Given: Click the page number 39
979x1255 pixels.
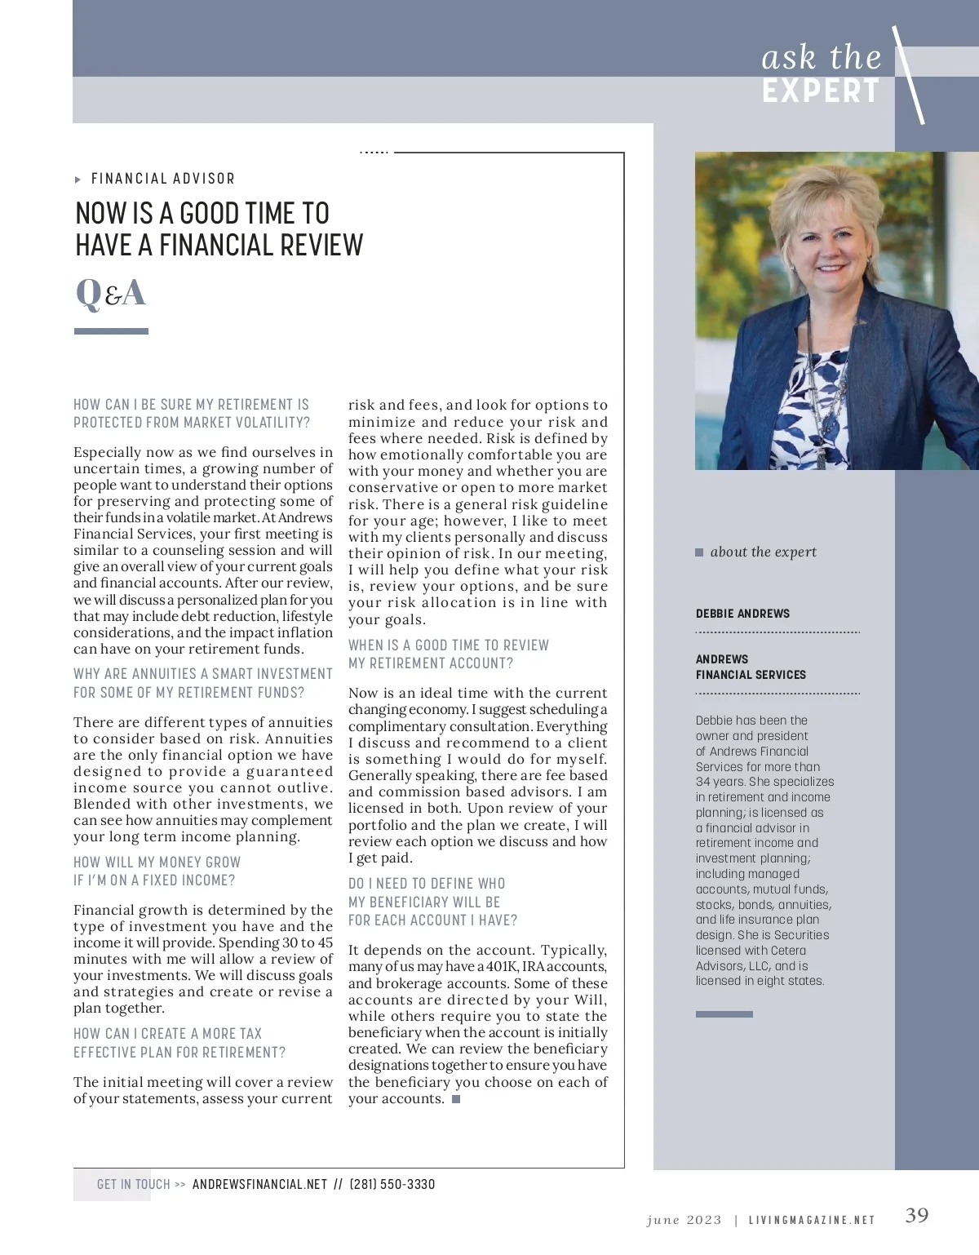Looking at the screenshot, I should tap(917, 1216).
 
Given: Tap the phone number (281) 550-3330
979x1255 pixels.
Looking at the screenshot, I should tap(392, 1184).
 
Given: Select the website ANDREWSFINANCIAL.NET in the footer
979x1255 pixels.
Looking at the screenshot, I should tap(259, 1184).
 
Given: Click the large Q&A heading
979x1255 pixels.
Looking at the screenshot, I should tap(110, 293).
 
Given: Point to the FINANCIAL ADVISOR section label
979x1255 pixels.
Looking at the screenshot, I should tap(162, 179).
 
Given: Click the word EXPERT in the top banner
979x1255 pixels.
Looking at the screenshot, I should tap(821, 91).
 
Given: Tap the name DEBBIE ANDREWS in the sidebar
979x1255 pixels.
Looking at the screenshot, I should tap(742, 614).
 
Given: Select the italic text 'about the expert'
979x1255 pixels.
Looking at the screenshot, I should tap(763, 552).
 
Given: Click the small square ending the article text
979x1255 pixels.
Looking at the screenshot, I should tap(456, 1099).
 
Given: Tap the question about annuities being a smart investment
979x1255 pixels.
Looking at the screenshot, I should tap(203, 683).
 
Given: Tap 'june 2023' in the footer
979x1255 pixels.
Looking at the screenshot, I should tap(684, 1220).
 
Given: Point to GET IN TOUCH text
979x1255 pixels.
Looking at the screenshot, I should tap(133, 1184).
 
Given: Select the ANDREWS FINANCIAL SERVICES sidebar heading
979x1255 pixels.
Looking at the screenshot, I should tap(751, 667).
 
